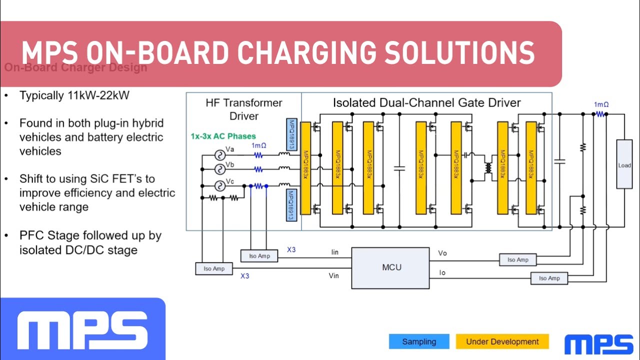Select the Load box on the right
coord(624,164)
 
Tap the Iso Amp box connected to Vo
coord(517,259)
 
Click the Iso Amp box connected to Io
coord(549,278)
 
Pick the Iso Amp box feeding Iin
coord(259,256)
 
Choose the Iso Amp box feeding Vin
coord(214,268)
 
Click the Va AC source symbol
coord(219,155)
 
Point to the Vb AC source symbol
coord(219,170)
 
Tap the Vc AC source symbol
coord(219,186)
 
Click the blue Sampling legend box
coord(419,342)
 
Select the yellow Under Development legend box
coord(502,342)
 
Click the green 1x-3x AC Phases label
coord(223,136)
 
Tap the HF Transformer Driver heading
coord(244,109)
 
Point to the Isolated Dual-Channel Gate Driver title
coord(426,103)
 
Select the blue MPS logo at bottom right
coord(598,344)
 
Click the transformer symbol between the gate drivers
coord(488,168)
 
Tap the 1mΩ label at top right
coord(601,104)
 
